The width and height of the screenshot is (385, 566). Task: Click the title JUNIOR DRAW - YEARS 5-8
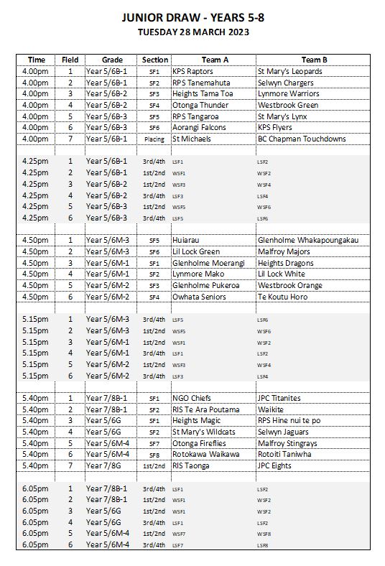coord(192,18)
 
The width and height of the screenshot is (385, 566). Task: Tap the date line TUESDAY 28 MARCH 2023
coord(192,33)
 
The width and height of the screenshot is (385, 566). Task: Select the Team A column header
coord(213,60)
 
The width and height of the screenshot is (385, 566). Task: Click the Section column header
coord(155,60)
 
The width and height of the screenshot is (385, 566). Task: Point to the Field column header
coord(70,60)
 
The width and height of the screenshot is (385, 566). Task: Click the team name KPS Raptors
coord(192,71)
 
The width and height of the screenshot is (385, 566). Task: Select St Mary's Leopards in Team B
coord(289,71)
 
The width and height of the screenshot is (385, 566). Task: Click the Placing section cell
coord(154,139)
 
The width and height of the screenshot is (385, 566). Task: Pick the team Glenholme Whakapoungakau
coord(307,240)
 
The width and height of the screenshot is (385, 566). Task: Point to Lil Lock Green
coord(196,251)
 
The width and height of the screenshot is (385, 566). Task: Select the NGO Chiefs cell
coord(192,398)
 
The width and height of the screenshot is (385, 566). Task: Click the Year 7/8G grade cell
coord(104,465)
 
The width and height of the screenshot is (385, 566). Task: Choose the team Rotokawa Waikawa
coord(205,454)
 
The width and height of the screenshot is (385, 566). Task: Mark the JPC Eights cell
coord(277,465)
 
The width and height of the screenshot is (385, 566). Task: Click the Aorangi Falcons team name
coord(199,127)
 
